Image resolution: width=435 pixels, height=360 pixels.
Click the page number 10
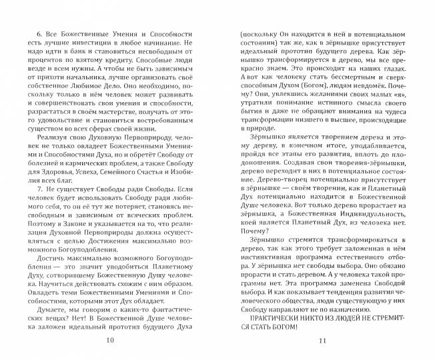click(111, 341)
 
